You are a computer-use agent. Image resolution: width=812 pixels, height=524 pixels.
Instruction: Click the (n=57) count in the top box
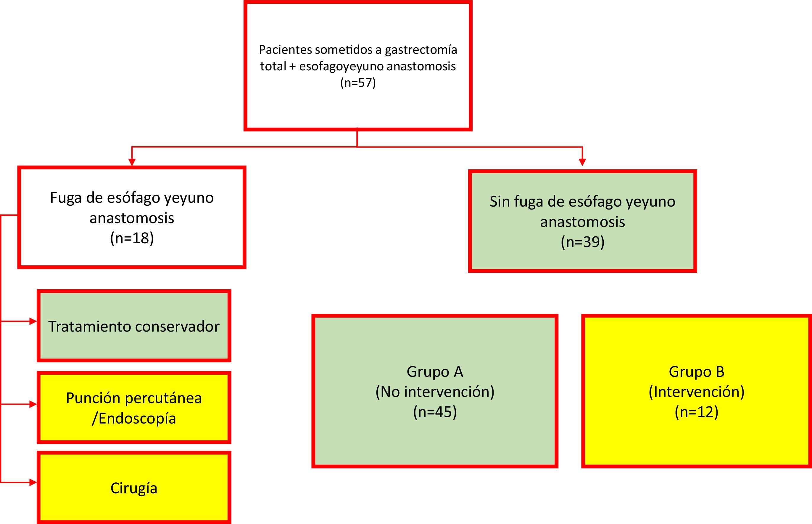[358, 83]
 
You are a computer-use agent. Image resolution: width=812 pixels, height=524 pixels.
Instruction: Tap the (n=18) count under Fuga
[132, 238]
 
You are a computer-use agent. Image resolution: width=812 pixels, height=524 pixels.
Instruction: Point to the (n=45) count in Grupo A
[435, 412]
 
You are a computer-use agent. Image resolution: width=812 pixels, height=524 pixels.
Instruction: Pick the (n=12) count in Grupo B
[697, 412]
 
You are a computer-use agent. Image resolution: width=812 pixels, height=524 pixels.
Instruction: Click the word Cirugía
[134, 488]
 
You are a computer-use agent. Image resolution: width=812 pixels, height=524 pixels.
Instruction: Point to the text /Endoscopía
[134, 418]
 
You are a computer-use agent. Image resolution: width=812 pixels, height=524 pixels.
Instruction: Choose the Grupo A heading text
[435, 371]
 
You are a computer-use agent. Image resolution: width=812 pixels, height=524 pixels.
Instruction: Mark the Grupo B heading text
[697, 371]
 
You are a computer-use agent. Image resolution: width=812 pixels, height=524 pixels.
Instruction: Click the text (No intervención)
[435, 392]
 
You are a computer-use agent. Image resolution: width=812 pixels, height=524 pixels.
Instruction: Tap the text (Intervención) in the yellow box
[697, 392]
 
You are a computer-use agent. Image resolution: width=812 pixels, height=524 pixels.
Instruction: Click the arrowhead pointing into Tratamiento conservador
[33, 321]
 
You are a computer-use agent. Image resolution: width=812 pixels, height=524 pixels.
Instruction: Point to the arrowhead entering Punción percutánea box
[33, 404]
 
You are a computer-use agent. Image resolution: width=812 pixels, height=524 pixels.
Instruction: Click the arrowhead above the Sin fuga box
[582, 162]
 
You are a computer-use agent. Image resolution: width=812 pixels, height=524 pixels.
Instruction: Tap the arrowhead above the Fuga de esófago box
[132, 162]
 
